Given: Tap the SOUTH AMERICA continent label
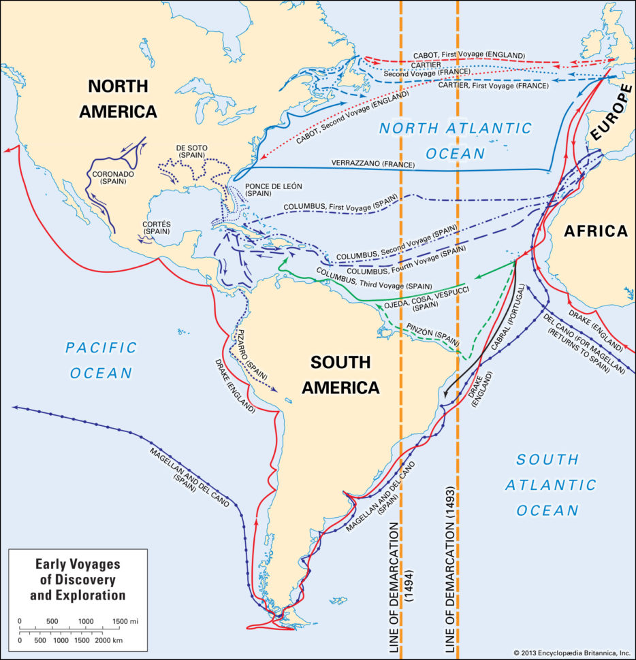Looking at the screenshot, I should coord(340,375).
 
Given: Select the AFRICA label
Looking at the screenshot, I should coord(596,231).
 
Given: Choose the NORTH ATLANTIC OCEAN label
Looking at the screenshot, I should coord(455,140).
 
